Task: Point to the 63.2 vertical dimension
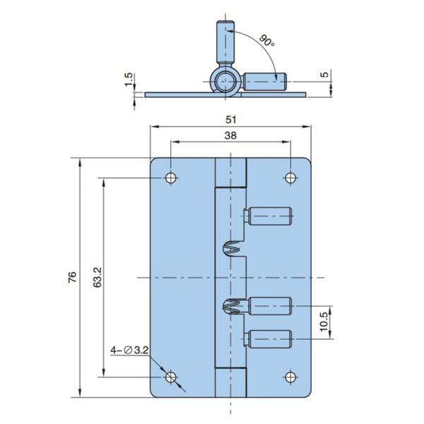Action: coord(98,278)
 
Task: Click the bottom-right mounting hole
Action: coord(291,377)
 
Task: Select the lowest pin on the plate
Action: coord(269,339)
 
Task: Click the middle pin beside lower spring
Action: coord(269,307)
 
